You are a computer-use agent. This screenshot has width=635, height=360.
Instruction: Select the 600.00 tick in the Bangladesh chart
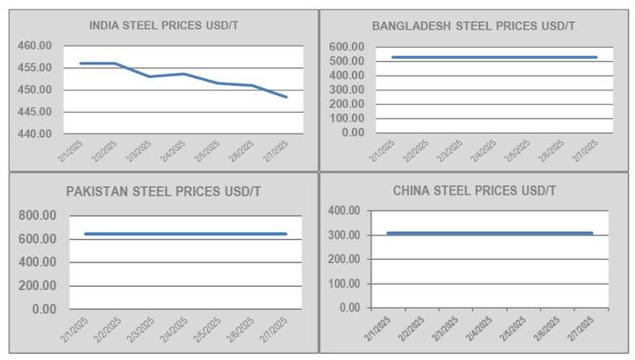click(x=346, y=47)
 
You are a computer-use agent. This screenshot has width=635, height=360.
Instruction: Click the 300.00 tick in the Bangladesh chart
click(x=346, y=90)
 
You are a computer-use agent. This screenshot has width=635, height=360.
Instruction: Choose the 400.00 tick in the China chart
click(x=343, y=211)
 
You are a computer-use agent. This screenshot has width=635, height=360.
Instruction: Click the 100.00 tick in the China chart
click(x=343, y=284)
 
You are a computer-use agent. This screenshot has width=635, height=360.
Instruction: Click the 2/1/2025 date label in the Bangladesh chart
click(x=384, y=150)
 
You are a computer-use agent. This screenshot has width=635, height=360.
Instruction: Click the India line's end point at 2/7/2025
click(x=286, y=97)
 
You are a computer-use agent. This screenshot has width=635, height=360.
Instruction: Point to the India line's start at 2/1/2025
click(x=80, y=63)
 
